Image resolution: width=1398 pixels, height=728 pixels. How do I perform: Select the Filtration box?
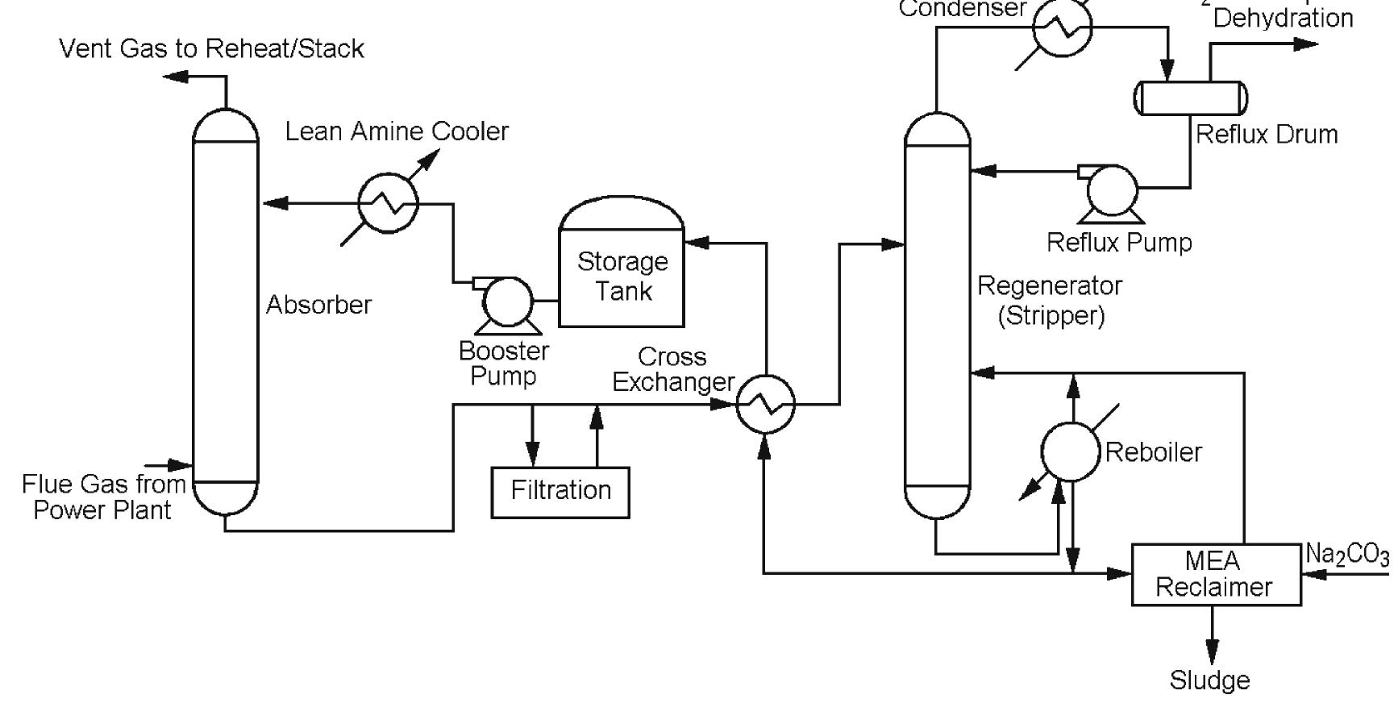[560, 490]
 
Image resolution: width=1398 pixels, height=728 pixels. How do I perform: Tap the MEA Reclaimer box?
[1216, 574]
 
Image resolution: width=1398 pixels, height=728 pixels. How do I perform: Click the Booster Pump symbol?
[506, 302]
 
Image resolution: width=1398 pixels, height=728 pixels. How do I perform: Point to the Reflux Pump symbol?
[1111, 190]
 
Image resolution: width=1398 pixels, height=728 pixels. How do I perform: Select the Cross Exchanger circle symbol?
[765, 404]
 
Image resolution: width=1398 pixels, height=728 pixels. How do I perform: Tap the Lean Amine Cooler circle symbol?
[388, 203]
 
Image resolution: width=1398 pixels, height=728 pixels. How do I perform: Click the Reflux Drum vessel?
[1191, 98]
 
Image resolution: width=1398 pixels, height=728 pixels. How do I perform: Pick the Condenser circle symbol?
[1063, 27]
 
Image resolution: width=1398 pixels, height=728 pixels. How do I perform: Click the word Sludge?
[1209, 680]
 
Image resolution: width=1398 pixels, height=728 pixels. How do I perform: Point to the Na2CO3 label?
[1347, 555]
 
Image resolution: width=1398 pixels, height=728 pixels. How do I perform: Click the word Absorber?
[318, 305]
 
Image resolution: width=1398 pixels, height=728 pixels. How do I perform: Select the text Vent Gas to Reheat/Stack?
[211, 48]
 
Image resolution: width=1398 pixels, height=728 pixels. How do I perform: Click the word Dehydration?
[1283, 18]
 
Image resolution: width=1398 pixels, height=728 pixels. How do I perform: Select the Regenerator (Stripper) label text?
[1050, 300]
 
